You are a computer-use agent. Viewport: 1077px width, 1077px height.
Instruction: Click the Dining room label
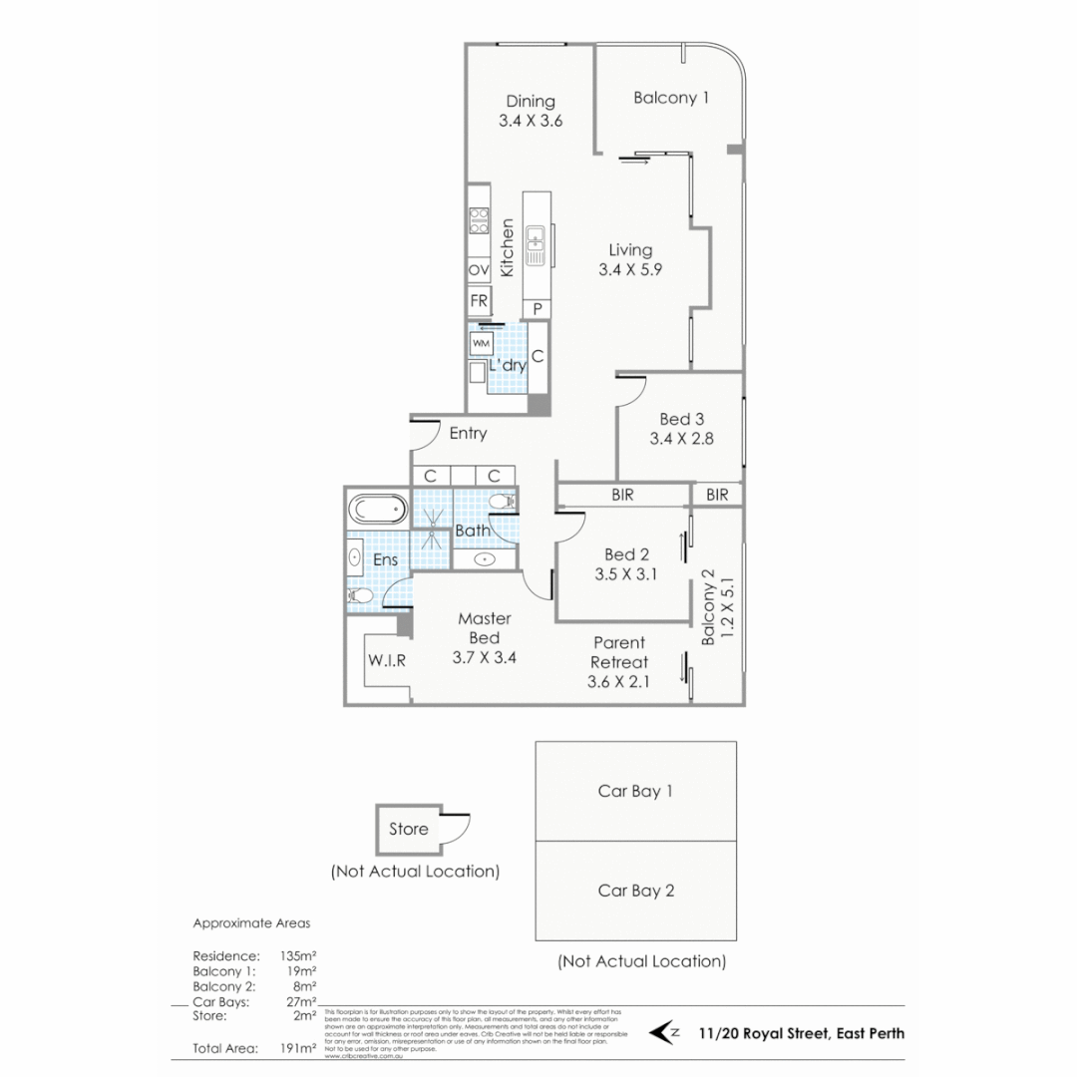click(530, 101)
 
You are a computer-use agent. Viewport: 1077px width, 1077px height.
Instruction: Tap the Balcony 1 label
click(671, 98)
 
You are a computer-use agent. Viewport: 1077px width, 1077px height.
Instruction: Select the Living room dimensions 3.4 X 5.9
click(624, 269)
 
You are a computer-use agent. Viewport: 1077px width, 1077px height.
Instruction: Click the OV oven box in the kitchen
click(479, 270)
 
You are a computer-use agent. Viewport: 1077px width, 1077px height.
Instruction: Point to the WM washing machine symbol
click(481, 343)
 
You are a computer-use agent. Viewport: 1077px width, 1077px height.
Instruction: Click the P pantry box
click(538, 309)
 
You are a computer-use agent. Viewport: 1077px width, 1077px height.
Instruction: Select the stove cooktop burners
click(479, 220)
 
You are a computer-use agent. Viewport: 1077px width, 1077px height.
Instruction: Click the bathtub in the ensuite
click(378, 511)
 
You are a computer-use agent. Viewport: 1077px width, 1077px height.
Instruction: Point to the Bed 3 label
click(682, 419)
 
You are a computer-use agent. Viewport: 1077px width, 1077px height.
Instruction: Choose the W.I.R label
click(386, 660)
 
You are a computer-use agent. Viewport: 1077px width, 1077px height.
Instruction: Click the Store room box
click(409, 829)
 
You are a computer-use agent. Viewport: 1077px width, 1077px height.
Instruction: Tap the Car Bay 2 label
click(635, 891)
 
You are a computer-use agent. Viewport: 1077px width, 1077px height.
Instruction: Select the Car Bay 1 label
click(635, 791)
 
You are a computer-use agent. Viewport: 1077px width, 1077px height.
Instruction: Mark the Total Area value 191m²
click(298, 1048)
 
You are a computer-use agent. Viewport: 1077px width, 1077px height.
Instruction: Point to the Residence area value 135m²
click(298, 955)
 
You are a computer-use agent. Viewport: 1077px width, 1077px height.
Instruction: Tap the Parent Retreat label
click(618, 652)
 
